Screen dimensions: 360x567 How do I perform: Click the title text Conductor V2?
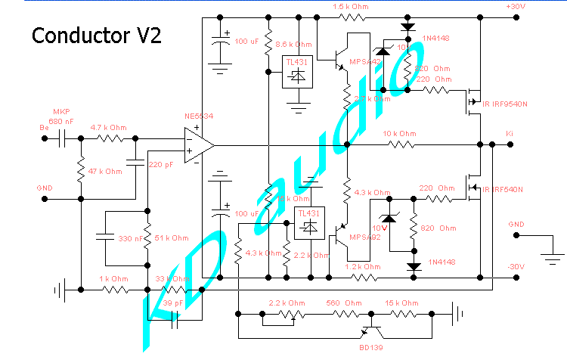pyautogui.click(x=95, y=36)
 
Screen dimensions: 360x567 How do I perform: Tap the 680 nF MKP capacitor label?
pyautogui.click(x=63, y=120)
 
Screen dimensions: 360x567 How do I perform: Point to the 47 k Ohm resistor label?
pyautogui.click(x=105, y=172)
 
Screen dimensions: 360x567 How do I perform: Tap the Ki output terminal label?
pyautogui.click(x=510, y=133)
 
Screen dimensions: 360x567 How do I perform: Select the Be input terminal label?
pyautogui.click(x=44, y=127)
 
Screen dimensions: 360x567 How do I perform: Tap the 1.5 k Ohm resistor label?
pyautogui.click(x=352, y=6)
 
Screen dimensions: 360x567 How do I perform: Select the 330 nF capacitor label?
pyautogui.click(x=130, y=238)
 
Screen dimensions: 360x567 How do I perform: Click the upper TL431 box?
pyautogui.click(x=296, y=72)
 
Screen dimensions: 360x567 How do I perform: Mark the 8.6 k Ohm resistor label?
pyautogui.click(x=294, y=45)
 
